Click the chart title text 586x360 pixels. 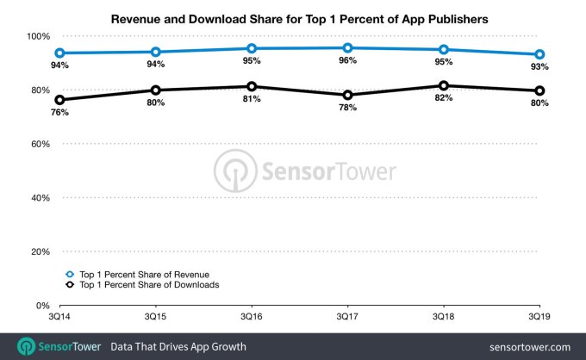293,17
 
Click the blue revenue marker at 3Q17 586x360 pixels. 347,48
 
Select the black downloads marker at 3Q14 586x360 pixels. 59,100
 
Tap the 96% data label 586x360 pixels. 347,62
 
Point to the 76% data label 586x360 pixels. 59,114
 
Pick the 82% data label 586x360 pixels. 443,100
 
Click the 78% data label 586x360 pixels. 347,109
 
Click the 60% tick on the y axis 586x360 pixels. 40,144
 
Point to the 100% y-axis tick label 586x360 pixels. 37,36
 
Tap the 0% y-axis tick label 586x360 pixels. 42,306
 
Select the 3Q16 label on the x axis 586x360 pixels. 251,317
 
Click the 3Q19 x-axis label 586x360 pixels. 539,317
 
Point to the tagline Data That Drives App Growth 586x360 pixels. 178,346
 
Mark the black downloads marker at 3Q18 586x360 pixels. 443,86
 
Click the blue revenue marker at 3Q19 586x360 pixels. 539,54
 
